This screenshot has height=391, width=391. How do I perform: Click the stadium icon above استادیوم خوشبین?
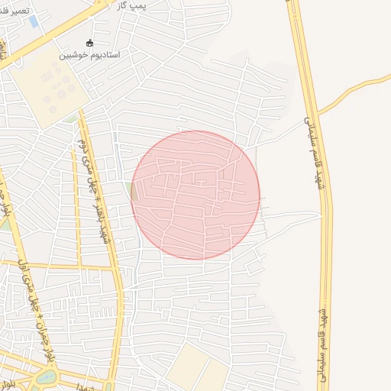(90, 44)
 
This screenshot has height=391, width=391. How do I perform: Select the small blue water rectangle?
(34, 21)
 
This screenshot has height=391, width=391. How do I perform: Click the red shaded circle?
(195, 195)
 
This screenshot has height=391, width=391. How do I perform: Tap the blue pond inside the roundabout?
(47, 376)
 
